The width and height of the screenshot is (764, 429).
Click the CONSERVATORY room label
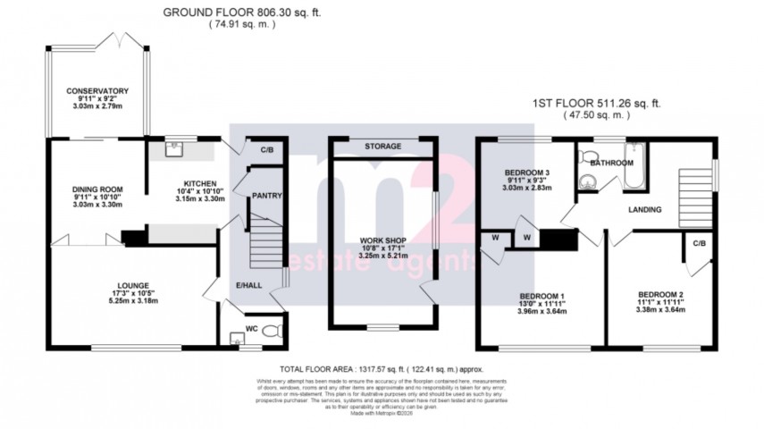[x=97, y=91]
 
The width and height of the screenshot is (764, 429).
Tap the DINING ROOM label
[x=97, y=189]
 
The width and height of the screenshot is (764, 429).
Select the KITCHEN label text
[x=189, y=182]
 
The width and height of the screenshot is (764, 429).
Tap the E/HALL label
[x=249, y=285]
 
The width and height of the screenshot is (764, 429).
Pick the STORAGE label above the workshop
[x=382, y=146]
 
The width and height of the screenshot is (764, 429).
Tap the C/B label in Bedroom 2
[x=698, y=241]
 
